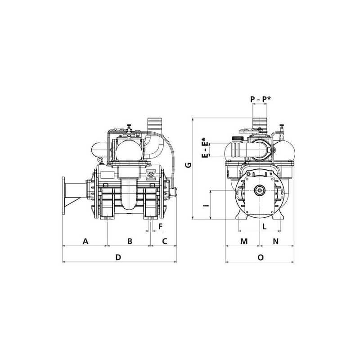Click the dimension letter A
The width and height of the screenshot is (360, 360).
pos(85,241)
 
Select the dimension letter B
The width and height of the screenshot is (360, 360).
pos(130,241)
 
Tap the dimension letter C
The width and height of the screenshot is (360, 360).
pos(165,241)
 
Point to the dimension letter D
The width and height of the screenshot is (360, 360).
pos(118,257)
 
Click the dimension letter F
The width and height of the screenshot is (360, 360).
pos(161,226)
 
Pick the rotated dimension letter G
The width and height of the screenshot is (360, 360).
pos(188,165)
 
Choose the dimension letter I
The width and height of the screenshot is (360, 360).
pos(207,204)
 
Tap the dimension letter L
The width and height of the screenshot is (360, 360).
pos(265,227)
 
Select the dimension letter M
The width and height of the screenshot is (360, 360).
pos(244,241)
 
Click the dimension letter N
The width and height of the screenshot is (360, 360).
pos(276,241)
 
